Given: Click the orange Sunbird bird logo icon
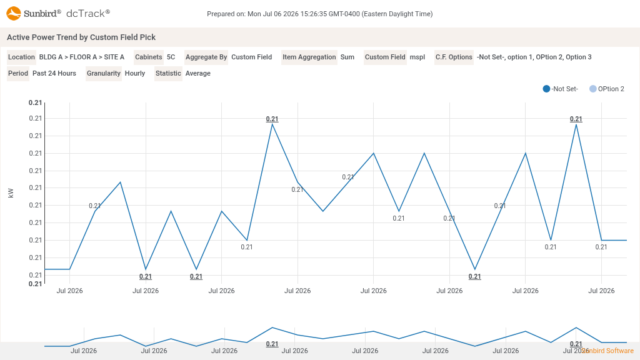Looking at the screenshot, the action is [14, 13].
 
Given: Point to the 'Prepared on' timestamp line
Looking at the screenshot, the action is [319, 14].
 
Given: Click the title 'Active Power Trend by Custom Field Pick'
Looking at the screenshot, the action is [81, 37].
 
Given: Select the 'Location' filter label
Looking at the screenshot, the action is [21, 57].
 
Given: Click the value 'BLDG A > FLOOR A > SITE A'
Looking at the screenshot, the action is [82, 57].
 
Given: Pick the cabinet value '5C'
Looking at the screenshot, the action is [171, 57].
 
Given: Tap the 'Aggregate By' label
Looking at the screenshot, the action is [206, 57].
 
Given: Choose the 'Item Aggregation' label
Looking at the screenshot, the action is [309, 57].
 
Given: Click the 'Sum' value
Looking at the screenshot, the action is [347, 57].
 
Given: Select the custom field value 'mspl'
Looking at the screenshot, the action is [417, 57].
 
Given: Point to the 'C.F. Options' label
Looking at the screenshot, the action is [454, 57].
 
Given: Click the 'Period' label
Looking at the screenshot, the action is [18, 74].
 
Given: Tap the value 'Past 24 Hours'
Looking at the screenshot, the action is [54, 74].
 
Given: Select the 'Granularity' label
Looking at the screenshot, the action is [104, 74].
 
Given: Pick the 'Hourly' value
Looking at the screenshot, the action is [135, 74].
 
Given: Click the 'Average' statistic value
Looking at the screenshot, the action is [198, 74].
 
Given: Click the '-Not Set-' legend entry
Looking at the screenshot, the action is [561, 89].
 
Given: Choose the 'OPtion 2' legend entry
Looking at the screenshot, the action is [607, 89].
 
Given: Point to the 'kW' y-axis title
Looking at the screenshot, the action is [11, 193].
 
